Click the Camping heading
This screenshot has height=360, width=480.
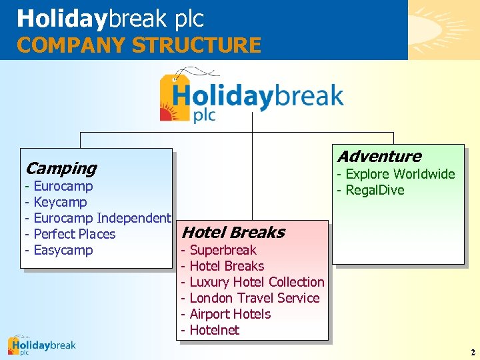(61, 169)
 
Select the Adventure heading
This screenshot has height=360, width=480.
(379, 157)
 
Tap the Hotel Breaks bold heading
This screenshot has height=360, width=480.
(233, 233)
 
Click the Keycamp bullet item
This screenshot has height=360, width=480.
(60, 202)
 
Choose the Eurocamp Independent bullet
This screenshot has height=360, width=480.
(101, 218)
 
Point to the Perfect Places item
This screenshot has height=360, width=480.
(74, 234)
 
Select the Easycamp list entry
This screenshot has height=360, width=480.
(63, 250)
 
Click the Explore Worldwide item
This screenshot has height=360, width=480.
(399, 174)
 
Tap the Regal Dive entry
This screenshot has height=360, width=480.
(374, 190)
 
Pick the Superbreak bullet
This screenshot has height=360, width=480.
(223, 250)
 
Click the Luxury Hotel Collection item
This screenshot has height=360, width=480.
(257, 282)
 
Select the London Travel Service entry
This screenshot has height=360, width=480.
(254, 298)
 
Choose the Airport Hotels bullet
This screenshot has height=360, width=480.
(230, 314)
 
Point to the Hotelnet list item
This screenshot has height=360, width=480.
(214, 330)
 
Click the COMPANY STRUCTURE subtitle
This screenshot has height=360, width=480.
(139, 45)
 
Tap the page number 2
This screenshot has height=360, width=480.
(473, 352)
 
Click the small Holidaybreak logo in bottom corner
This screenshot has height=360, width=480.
(41, 345)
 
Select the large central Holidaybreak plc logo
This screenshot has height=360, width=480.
(251, 97)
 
